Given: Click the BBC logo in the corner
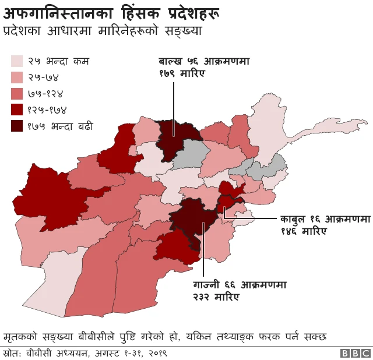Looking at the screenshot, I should pos(356,353).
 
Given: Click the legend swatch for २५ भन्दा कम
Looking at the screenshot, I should pos(17,61).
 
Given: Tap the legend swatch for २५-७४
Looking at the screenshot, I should pos(17,77).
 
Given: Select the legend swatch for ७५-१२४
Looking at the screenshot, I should pos(17,93).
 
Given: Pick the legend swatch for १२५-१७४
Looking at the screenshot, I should pos(17,110).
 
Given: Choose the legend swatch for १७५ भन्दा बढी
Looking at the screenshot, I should pos(17,126).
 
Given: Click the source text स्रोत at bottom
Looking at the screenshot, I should pos(13,353).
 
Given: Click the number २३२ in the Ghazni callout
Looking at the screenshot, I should pos(203,297).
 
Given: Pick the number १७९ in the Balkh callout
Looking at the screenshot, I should pos(170,73).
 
